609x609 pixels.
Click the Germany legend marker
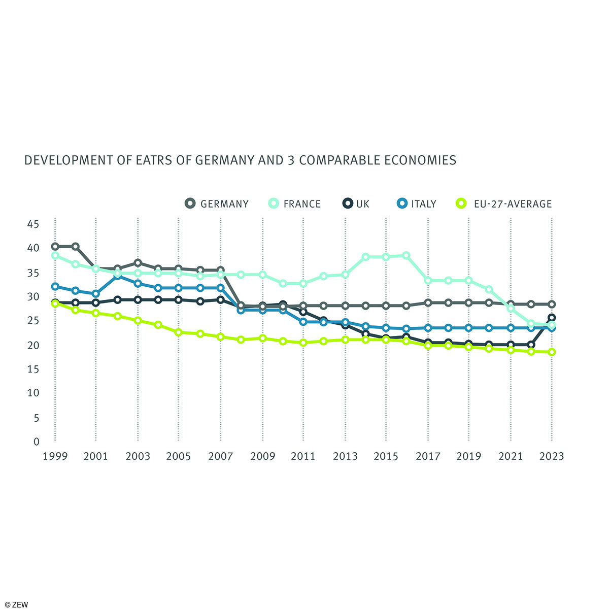click(x=190, y=204)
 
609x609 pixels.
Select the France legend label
click(x=302, y=204)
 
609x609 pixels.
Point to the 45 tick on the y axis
click(x=33, y=224)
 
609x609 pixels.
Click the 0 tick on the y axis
click(x=36, y=442)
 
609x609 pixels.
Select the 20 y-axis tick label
click(x=33, y=345)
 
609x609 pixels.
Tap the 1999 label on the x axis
click(x=55, y=456)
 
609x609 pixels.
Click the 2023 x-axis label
click(x=552, y=456)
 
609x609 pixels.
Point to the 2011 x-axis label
click(x=303, y=456)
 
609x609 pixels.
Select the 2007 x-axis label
click(x=220, y=456)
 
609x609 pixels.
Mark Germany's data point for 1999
click(x=55, y=247)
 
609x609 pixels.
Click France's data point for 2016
click(x=406, y=255)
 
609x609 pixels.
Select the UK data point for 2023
click(x=552, y=318)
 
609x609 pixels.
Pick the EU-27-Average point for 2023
click(x=552, y=352)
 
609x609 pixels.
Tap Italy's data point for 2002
click(x=117, y=276)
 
